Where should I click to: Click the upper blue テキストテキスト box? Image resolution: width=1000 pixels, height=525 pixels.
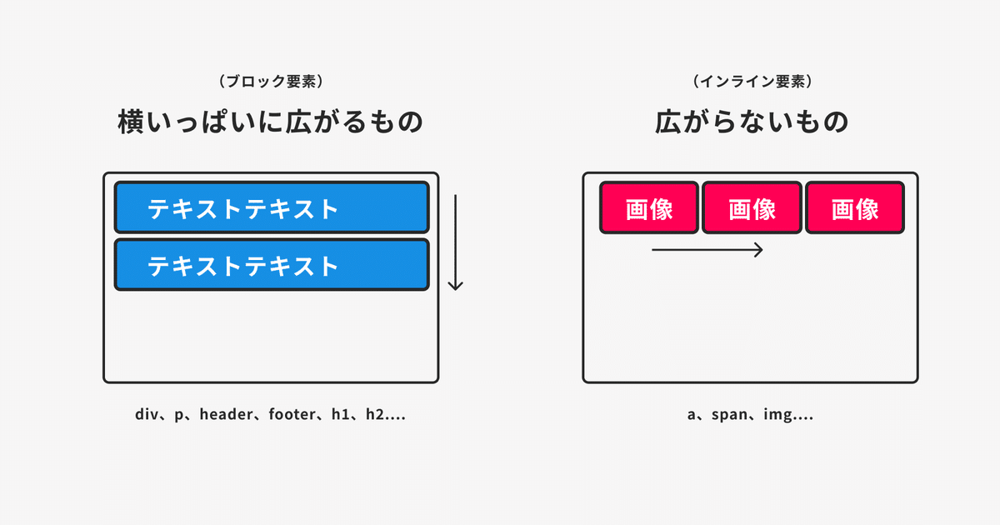click(272, 207)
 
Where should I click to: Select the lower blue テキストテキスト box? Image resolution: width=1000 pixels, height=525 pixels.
click(272, 265)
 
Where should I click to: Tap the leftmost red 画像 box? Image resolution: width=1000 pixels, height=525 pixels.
click(649, 207)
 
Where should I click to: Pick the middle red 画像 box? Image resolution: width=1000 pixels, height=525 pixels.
click(752, 207)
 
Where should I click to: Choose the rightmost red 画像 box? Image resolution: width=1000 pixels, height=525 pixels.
click(855, 207)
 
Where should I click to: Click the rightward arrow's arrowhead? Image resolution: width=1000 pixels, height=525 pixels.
click(759, 250)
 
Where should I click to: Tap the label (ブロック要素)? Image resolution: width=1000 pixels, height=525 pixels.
click(271, 82)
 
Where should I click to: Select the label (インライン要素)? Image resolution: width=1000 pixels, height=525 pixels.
click(752, 82)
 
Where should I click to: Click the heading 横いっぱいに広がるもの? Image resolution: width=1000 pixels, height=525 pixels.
click(271, 122)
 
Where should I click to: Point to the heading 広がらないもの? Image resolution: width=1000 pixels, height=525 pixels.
click(752, 122)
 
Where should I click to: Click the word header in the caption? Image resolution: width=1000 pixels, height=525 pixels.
click(227, 414)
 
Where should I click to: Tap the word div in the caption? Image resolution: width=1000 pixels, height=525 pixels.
click(147, 414)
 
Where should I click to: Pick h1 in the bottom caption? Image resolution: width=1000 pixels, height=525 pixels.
click(340, 414)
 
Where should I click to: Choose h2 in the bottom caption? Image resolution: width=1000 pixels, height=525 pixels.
click(375, 414)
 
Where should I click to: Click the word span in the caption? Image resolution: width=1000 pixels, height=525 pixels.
click(729, 415)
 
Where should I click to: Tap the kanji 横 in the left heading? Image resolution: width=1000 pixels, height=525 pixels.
click(131, 122)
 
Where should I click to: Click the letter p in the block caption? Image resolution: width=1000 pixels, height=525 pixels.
click(178, 416)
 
